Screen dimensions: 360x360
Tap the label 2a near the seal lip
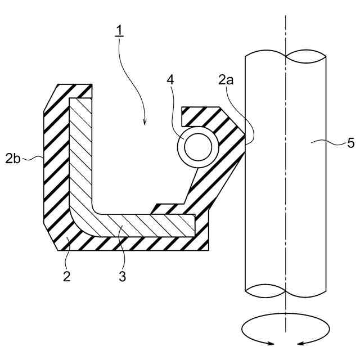point(227,80)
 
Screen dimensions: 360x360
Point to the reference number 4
point(170,80)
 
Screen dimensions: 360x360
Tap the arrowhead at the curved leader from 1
point(145,123)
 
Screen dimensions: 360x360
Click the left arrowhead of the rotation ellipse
point(272,343)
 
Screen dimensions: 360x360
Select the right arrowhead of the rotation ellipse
point(299,343)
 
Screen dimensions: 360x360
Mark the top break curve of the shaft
point(286,56)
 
